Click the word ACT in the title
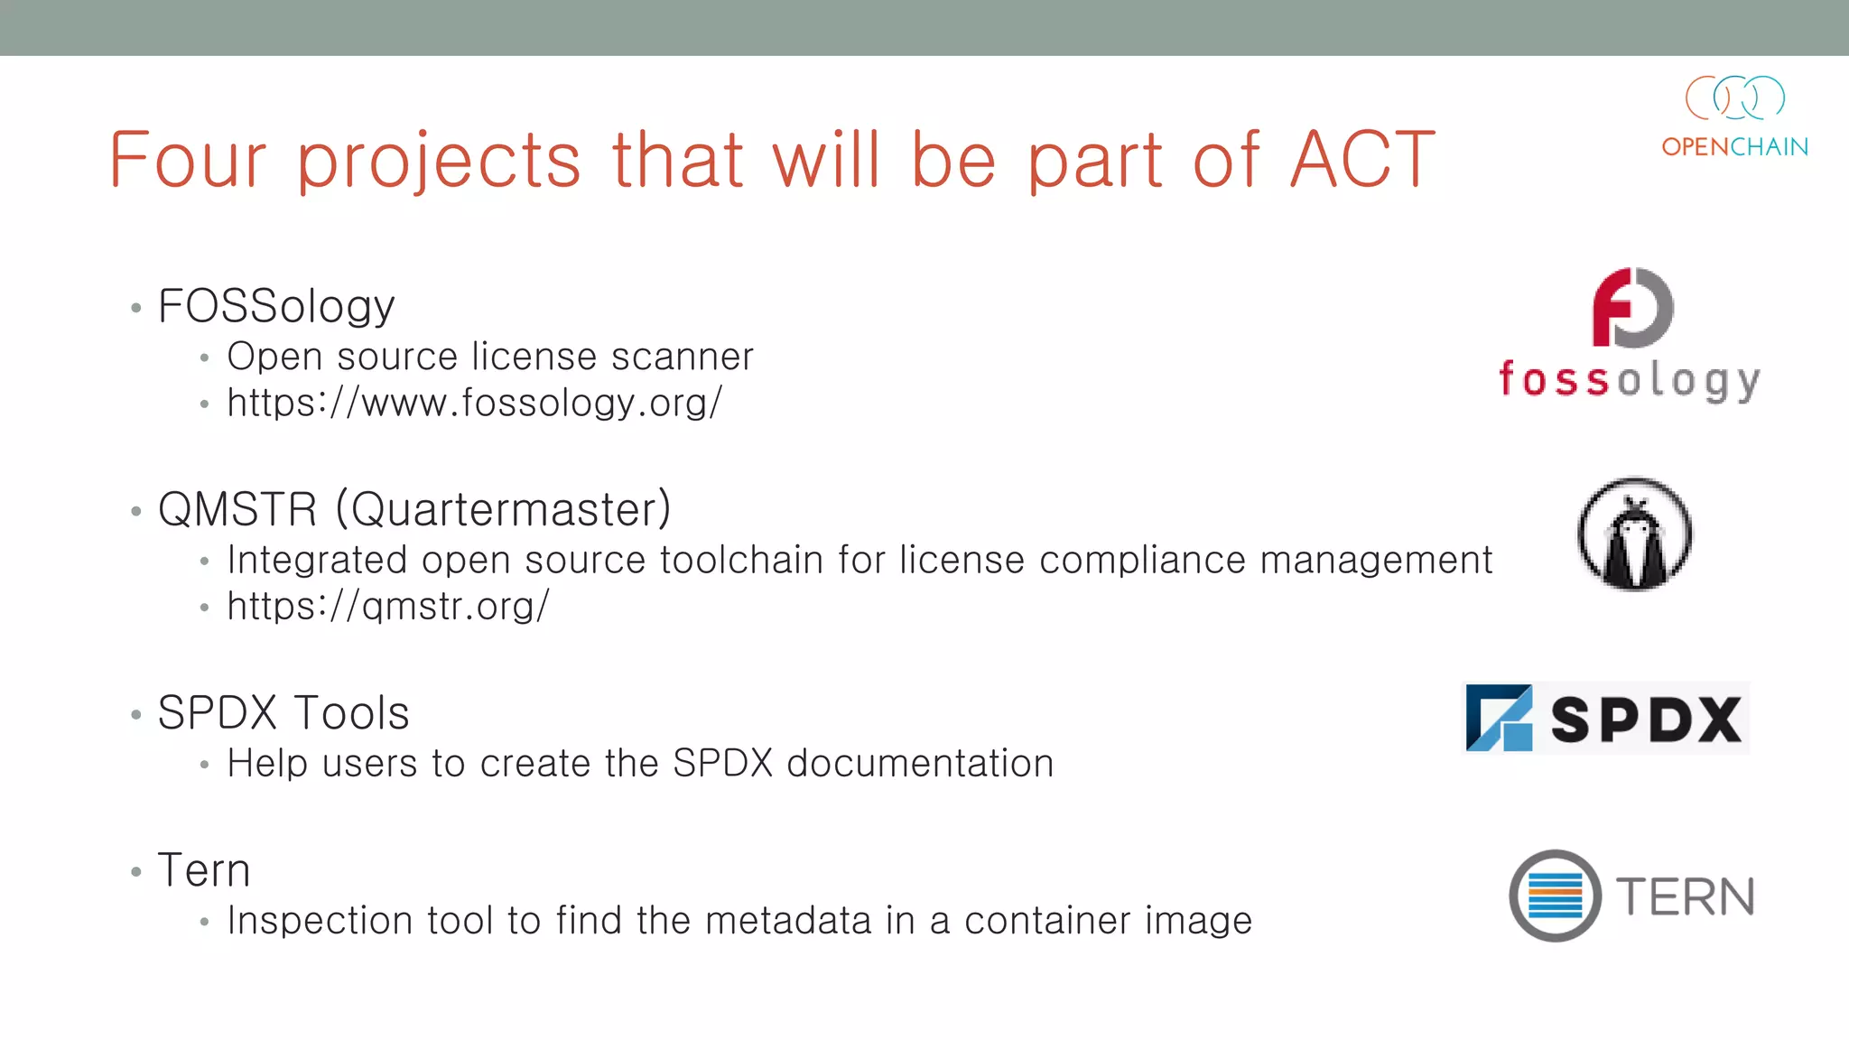1361,160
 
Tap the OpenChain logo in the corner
1734,116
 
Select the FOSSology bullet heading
276,306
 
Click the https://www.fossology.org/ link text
475,403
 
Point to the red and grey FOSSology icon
1632,308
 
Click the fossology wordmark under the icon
1630,380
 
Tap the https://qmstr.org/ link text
388,606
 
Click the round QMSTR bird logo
1634,534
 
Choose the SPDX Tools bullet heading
283,713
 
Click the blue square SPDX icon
1499,719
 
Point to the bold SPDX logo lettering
1646,720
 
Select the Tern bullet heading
204,870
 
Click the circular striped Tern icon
1555,896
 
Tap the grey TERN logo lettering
1685,896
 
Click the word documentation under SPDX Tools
920,764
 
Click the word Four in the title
188,160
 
